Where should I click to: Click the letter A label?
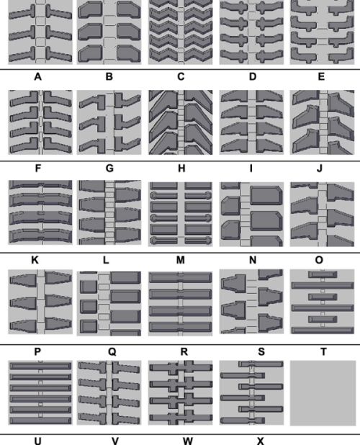click(x=37, y=76)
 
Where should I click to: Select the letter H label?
click(x=181, y=168)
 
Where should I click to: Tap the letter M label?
click(x=181, y=260)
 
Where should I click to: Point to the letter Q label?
click(x=112, y=352)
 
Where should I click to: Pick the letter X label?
click(x=260, y=441)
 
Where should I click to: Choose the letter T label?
click(x=323, y=352)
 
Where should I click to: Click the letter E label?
click(x=321, y=76)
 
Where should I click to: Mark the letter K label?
click(x=35, y=260)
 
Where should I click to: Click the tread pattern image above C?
click(x=181, y=32)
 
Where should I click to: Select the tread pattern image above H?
click(x=181, y=122)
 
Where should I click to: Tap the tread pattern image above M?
click(x=181, y=214)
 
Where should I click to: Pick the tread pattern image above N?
click(x=251, y=214)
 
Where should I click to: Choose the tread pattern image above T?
click(x=323, y=302)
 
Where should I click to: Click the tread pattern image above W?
click(x=181, y=392)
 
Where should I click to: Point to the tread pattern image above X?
click(x=251, y=392)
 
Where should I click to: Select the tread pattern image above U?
click(x=40, y=392)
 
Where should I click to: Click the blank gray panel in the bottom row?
click(x=323, y=393)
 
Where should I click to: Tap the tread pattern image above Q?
click(x=109, y=303)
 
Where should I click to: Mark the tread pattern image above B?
click(x=109, y=32)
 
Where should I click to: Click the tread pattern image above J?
click(x=323, y=122)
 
